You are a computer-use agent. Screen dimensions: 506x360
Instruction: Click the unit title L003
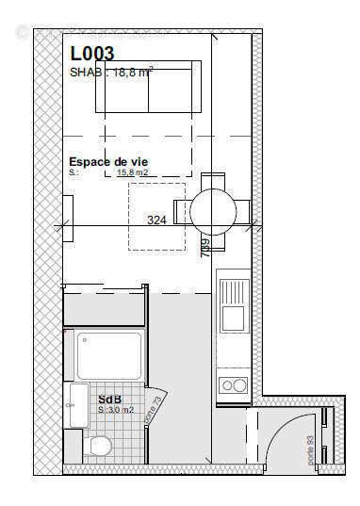pos(91,55)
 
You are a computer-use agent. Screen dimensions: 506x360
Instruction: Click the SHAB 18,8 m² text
pos(111,72)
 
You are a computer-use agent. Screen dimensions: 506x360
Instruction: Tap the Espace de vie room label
pos(106,161)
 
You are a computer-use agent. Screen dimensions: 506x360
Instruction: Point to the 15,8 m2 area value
pos(133,173)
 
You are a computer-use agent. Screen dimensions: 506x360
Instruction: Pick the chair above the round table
pos(214,181)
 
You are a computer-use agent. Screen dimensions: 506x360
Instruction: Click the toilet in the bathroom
pos(98,444)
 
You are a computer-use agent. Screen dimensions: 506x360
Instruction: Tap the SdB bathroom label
pos(108,399)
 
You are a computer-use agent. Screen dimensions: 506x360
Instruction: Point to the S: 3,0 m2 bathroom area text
pos(116,410)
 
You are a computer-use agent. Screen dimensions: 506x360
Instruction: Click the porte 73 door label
pos(156,408)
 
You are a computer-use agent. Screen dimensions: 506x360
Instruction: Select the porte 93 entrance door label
pos(310,450)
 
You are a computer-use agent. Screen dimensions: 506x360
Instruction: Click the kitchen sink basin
pos(233,318)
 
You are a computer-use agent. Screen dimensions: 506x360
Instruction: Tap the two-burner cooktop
pos(233,384)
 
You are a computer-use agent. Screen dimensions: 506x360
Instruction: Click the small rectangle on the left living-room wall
pos(68,208)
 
